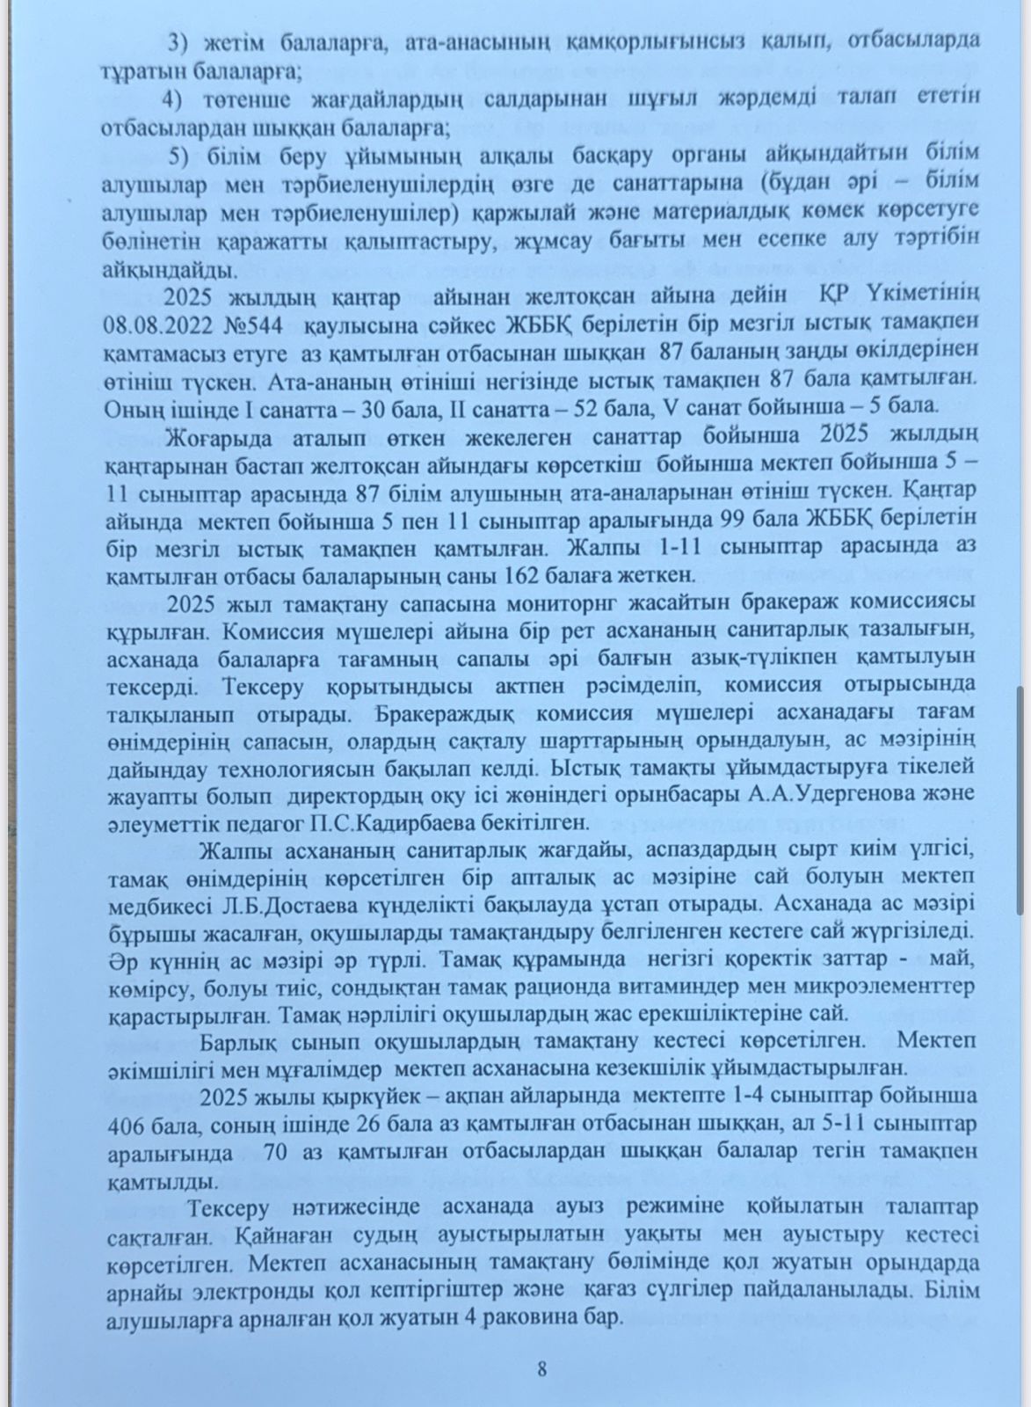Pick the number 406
(x=127, y=1126)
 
